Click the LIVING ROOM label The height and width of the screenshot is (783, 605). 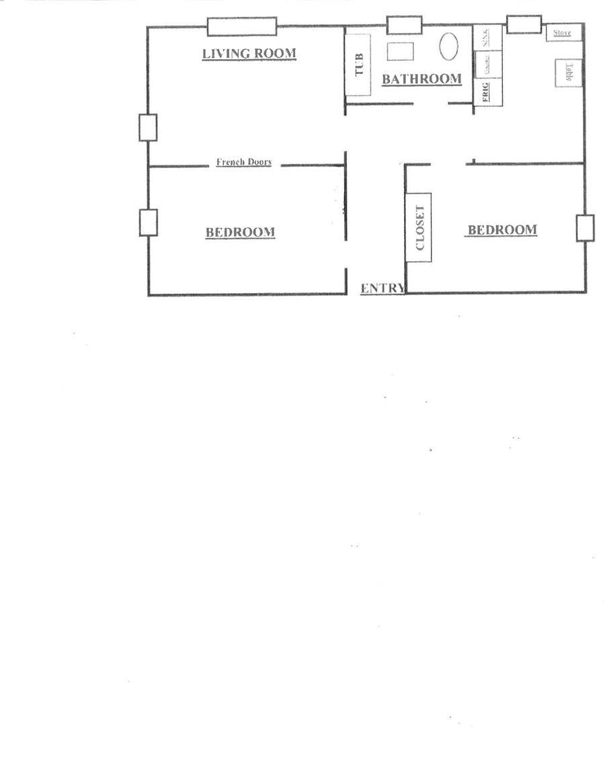[249, 53]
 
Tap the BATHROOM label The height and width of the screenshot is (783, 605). [421, 79]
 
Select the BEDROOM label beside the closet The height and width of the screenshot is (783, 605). [502, 230]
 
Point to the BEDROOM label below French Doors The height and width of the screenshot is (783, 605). [240, 233]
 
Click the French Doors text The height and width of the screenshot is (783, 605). [243, 162]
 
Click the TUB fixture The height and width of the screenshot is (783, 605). [358, 65]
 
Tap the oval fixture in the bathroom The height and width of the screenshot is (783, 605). [450, 46]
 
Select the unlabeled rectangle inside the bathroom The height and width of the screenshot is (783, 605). [400, 52]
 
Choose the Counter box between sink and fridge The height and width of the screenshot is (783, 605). [487, 66]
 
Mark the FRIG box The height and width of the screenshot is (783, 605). [485, 91]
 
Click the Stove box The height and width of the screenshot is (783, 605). [563, 33]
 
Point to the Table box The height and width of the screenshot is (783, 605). [568, 73]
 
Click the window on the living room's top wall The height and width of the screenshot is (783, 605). [242, 26]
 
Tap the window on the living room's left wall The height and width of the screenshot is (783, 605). [148, 128]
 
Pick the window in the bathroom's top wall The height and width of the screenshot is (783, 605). [404, 25]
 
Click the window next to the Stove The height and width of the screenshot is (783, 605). [524, 24]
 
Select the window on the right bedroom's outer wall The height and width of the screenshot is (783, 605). [585, 228]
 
